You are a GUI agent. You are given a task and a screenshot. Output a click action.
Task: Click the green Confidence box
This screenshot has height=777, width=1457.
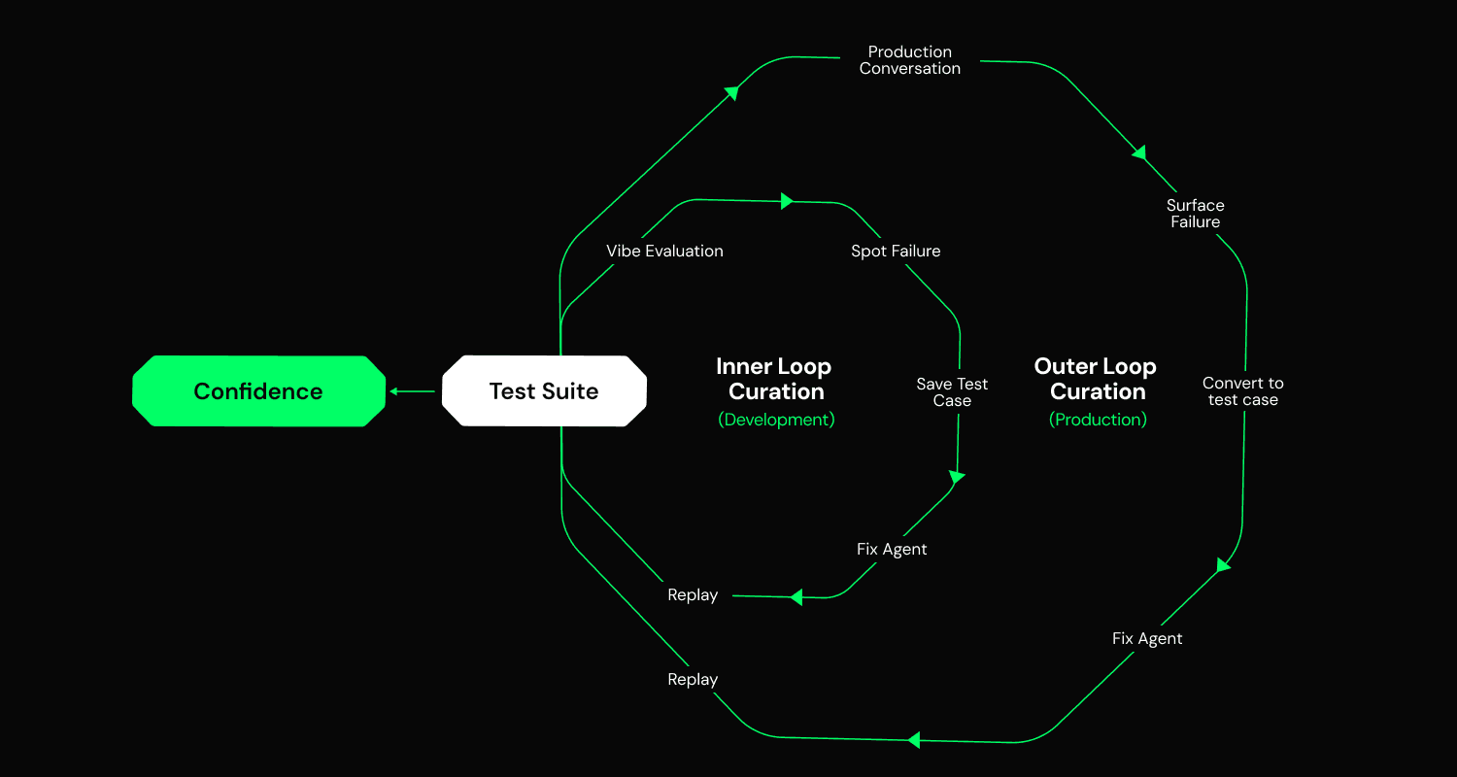click(258, 391)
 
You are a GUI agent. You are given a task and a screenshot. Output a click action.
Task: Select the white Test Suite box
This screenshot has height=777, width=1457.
click(544, 391)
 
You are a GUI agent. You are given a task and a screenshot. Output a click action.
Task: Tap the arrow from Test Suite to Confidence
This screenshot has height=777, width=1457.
click(413, 391)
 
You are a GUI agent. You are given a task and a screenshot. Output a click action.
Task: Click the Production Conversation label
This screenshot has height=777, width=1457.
click(910, 60)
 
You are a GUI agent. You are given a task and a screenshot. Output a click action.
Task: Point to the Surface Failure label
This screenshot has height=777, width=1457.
click(1195, 214)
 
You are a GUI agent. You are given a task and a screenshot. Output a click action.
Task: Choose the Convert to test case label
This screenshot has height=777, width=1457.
click(1242, 391)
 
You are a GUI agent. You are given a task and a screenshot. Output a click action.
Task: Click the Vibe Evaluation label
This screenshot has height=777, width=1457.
click(664, 251)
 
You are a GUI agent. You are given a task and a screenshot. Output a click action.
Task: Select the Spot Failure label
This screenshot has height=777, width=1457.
click(896, 251)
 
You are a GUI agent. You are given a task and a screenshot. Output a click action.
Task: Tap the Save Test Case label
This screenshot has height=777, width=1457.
click(952, 392)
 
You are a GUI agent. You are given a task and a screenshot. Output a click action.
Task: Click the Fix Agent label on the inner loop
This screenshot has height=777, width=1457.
click(892, 549)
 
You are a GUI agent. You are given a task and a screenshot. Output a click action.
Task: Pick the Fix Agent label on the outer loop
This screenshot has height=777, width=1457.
click(1147, 638)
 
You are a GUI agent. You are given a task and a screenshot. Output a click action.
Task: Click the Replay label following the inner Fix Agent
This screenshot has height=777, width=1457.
click(693, 594)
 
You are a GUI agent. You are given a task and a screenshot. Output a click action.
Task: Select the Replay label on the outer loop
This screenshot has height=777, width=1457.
click(693, 679)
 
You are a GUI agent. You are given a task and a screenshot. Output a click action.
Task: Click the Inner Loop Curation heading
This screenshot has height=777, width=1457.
click(774, 379)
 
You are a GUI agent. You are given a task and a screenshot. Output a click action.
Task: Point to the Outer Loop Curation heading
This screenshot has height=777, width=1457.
click(1096, 379)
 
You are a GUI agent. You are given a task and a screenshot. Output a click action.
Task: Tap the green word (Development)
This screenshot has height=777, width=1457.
click(776, 420)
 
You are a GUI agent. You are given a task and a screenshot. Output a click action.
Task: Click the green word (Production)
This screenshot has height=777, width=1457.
click(1098, 420)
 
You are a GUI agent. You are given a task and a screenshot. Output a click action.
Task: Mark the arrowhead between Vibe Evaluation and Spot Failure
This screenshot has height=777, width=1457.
click(787, 201)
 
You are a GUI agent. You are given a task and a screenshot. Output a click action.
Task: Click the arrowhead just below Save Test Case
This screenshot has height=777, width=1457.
click(957, 477)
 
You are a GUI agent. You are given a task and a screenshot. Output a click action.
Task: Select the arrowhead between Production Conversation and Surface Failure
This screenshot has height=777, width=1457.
click(1140, 152)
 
